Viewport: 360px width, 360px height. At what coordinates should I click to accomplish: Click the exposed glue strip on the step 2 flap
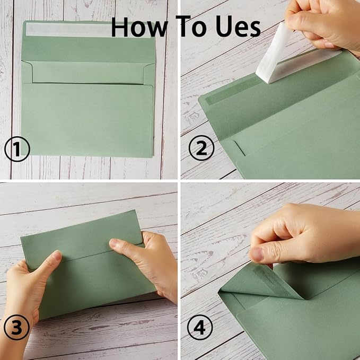click(x=228, y=95)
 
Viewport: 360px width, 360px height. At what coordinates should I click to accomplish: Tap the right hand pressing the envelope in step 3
click(x=148, y=260)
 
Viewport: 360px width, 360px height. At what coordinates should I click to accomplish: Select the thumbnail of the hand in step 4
click(x=257, y=254)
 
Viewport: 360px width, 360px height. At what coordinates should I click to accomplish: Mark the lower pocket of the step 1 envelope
click(x=87, y=119)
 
